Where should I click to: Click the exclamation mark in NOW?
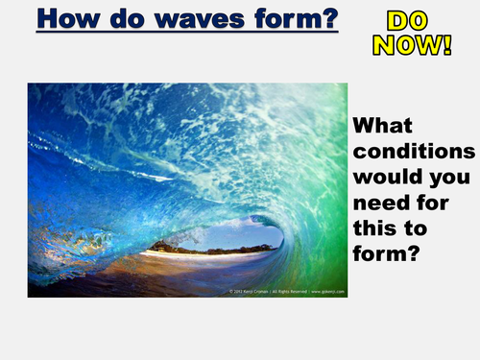click(x=446, y=44)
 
